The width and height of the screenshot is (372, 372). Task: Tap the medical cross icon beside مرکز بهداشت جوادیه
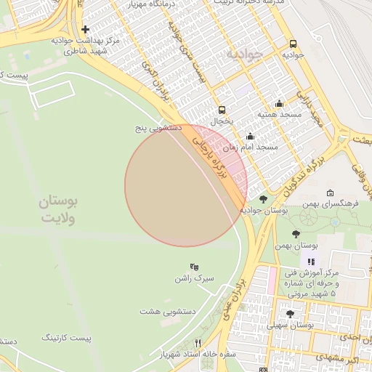point(86,30)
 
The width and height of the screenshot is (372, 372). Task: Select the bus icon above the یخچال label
point(222,110)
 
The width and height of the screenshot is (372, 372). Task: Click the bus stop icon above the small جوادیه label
point(293,44)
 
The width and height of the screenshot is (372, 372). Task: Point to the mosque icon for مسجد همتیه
point(279,104)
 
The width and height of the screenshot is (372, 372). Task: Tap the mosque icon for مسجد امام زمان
point(251,136)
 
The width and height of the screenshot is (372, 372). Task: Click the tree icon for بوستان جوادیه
point(262,199)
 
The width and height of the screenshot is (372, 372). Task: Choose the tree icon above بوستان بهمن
point(295,234)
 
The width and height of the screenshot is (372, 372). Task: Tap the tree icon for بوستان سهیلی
point(290,314)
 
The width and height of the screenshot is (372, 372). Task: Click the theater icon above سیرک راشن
point(194,267)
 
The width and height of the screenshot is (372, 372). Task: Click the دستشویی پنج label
point(157,127)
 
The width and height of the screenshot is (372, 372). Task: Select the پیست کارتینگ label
point(68,338)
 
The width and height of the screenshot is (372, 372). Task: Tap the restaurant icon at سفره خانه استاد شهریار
point(197,343)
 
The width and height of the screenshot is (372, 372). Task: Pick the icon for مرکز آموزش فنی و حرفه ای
point(312,262)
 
